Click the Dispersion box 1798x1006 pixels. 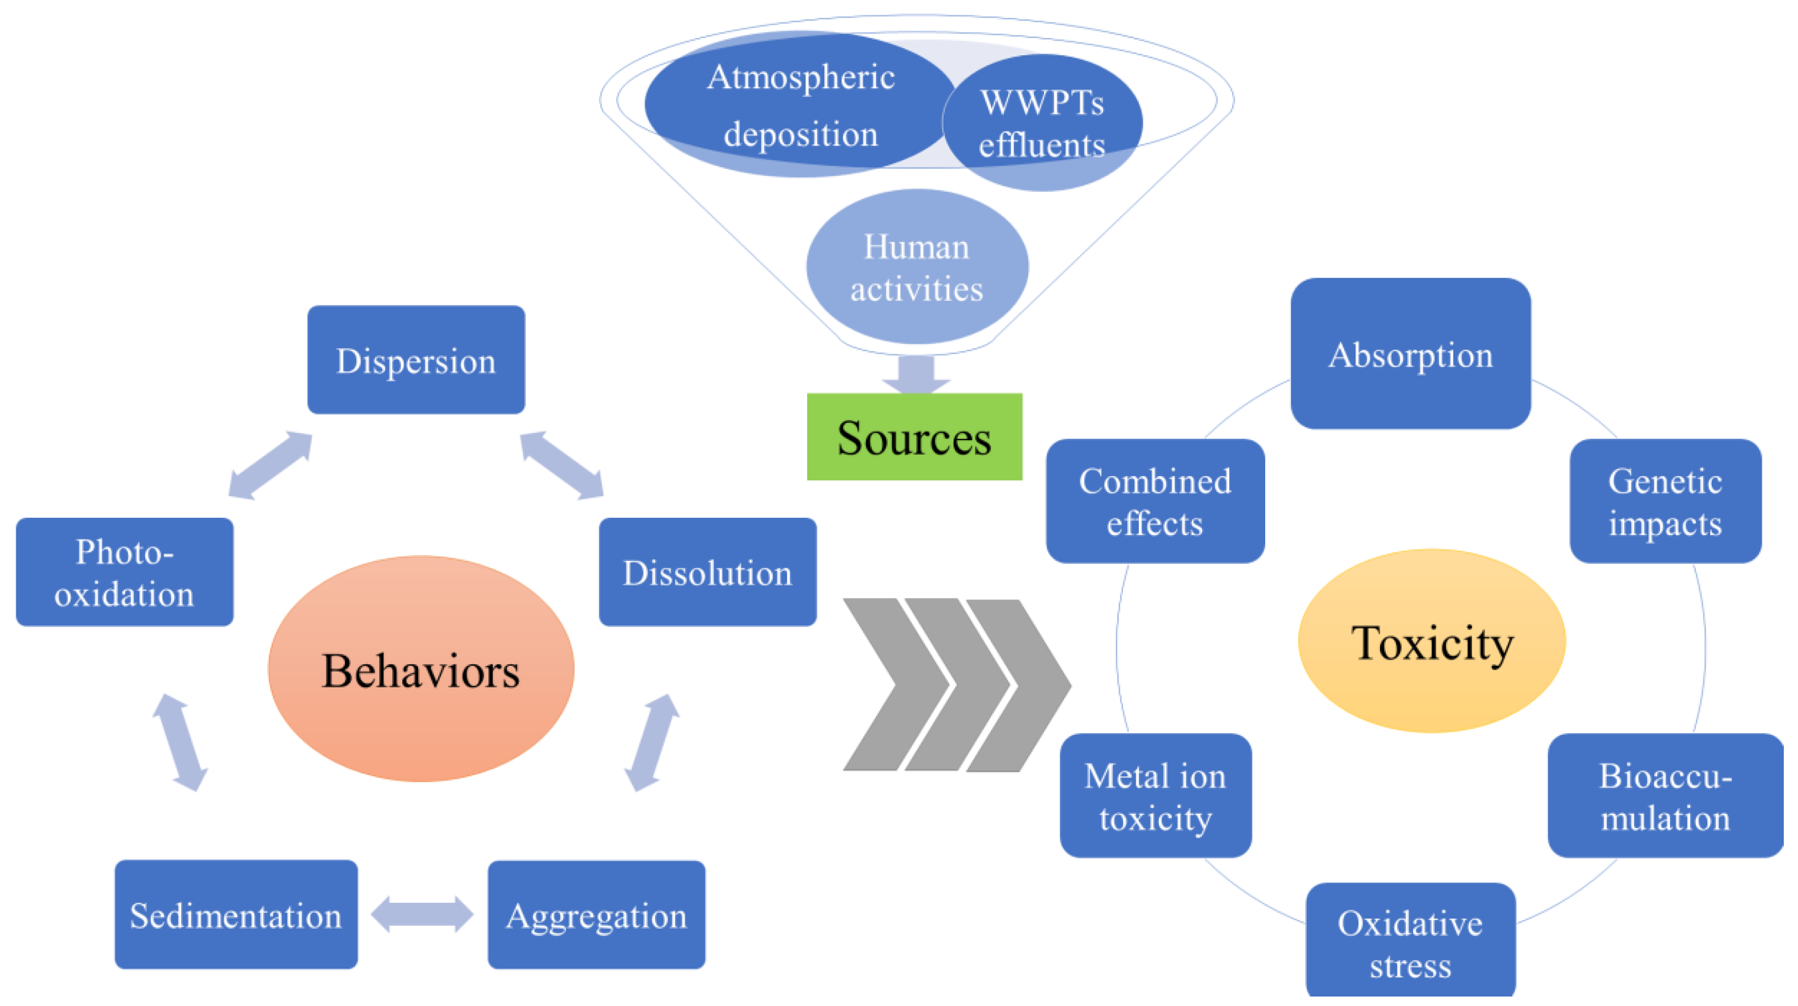coord(416,360)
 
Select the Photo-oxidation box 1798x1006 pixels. coord(124,572)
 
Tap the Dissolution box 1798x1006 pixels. coord(707,572)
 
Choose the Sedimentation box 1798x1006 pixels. coord(236,914)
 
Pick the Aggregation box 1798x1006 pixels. coord(596,914)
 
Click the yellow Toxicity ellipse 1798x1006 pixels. coord(1432,641)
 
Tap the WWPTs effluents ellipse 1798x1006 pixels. coord(1042,123)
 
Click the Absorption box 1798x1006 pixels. coord(1410,353)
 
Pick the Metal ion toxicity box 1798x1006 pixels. coord(1155,795)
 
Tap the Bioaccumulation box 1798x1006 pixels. coord(1665,795)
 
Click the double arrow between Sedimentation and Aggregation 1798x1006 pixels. coord(422,914)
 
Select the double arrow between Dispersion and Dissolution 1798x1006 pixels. coord(562,465)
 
